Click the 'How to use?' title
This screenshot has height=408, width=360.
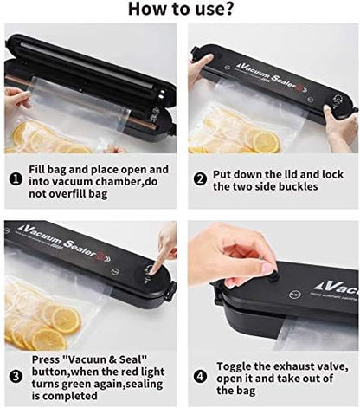coord(180,9)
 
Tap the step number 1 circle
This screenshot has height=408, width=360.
coord(16,179)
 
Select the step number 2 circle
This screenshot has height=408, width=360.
coord(200,179)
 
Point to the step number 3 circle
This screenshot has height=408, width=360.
coord(16,377)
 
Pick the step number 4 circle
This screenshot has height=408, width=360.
coord(200,377)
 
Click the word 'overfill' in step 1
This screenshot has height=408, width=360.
coord(67,194)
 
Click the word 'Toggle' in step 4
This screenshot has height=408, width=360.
coord(234,366)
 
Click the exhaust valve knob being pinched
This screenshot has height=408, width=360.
coord(273,278)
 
